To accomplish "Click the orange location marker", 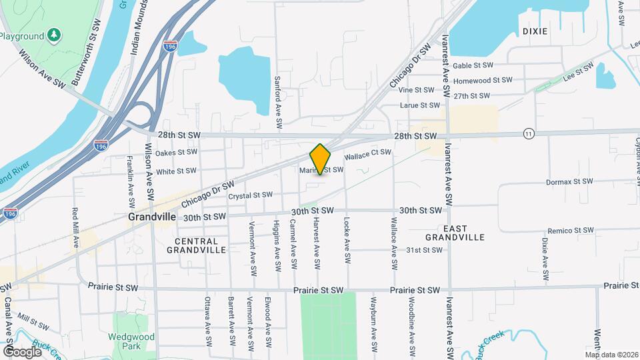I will tap(321, 159).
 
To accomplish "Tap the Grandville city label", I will tap(152, 217).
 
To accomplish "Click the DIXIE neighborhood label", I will tap(535, 31).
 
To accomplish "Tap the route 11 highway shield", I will tap(529, 133).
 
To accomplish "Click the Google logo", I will tap(22, 351).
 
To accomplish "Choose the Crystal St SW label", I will tap(250, 195).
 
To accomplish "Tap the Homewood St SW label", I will tap(483, 80).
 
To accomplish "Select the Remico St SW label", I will tap(569, 230).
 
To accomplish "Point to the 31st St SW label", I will tap(425, 250).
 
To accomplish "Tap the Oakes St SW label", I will tap(177, 153).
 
